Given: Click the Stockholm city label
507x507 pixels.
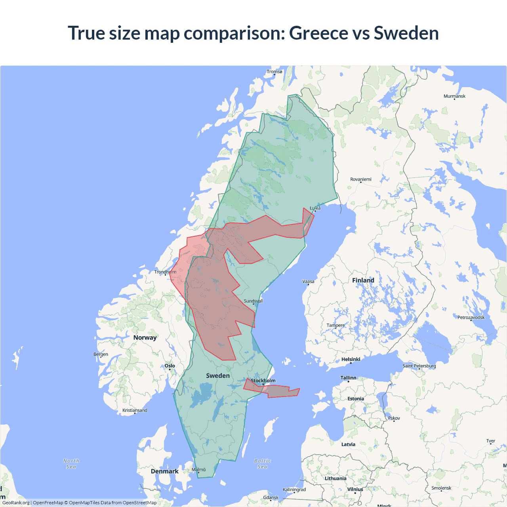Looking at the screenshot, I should pos(263,381).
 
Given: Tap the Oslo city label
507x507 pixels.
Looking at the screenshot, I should pos(170,366).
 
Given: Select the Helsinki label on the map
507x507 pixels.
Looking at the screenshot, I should pos(351,359).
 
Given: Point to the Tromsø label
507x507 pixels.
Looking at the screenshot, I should pos(274,72).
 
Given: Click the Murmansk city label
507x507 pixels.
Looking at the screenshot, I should pos(454,96).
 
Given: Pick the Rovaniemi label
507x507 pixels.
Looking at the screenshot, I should pos(361,179).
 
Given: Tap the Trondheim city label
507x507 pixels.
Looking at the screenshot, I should pos(165,272).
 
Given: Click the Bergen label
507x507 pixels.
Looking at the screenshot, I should pos(101,354).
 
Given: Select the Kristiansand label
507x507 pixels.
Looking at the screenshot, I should pos(135,410).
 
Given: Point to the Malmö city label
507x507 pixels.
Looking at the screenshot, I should pos(199,470).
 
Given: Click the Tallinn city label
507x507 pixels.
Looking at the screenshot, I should pos(349,378).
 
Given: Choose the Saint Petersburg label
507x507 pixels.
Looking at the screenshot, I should pos(419,366).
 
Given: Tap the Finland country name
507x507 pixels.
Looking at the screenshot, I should pos(363,280).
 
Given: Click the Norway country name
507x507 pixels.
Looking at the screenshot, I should pos(145,337).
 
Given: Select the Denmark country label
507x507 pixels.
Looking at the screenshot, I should pos(164,471).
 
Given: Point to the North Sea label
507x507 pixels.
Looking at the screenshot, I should pos(71,464).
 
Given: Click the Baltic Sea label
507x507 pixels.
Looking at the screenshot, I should pos(263,464).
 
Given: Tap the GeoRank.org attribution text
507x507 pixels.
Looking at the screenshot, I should pos(16,503).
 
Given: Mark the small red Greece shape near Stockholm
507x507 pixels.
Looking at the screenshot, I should pos(277,391).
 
